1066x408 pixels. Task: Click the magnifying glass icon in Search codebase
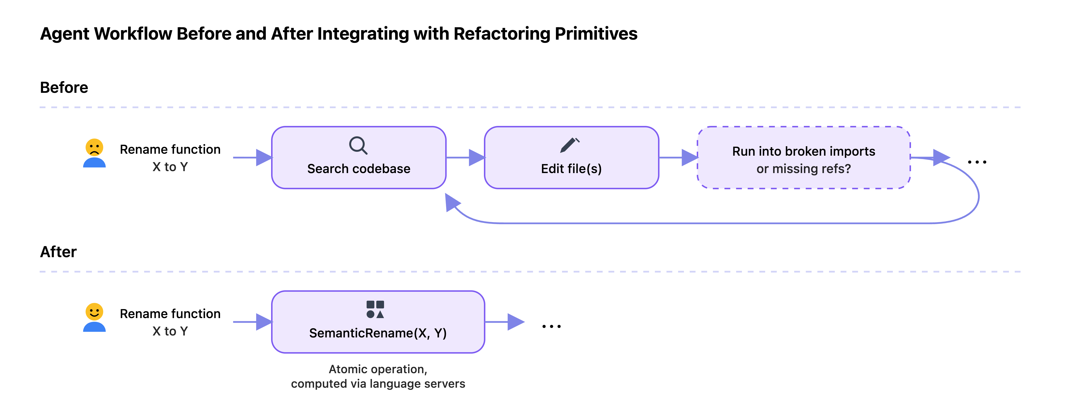point(358,145)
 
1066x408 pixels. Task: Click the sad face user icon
point(94,153)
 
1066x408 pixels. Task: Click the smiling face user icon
point(94,317)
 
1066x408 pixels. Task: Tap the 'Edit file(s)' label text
point(571,169)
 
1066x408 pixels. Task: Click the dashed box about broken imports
point(804,158)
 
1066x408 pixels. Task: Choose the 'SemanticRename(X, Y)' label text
point(378,333)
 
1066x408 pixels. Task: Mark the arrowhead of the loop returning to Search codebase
point(452,203)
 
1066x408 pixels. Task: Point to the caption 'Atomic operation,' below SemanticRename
point(378,369)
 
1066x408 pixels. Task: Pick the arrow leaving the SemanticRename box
point(505,322)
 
